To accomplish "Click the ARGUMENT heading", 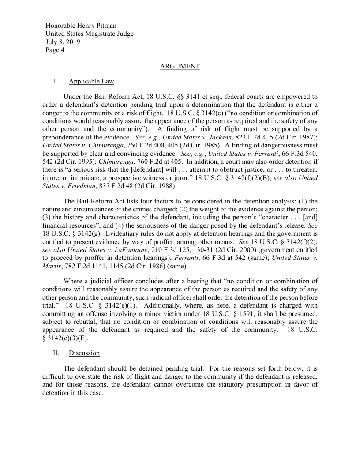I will [x=180, y=66].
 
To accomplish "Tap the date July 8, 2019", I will [x=63, y=42].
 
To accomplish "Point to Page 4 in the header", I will [x=55, y=50].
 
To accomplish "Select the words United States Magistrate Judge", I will [x=90, y=34].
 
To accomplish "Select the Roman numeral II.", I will [x=56, y=353].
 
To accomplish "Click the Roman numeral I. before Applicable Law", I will [x=54, y=81].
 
